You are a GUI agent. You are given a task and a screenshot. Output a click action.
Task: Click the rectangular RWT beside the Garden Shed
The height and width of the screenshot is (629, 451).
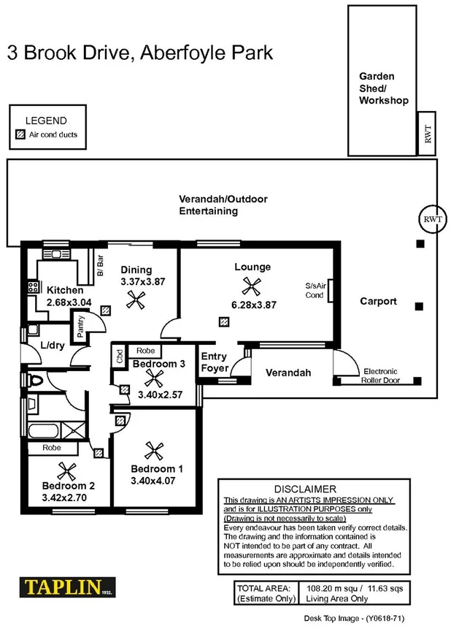428,133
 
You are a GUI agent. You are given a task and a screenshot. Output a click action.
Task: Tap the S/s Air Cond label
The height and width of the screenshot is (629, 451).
315,291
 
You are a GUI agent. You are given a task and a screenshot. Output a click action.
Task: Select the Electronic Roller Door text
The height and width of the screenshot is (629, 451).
382,376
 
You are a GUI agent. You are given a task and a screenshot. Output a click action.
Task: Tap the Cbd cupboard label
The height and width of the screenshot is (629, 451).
119,357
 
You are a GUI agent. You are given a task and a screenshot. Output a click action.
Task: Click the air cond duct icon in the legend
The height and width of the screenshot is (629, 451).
20,134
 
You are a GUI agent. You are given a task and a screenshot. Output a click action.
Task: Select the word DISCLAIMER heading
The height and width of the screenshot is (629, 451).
304,489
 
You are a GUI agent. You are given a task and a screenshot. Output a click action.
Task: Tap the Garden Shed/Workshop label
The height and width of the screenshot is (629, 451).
383,88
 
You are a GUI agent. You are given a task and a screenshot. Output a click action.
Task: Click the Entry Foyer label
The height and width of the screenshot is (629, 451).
214,362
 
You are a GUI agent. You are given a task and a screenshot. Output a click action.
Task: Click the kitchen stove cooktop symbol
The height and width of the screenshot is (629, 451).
33,287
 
